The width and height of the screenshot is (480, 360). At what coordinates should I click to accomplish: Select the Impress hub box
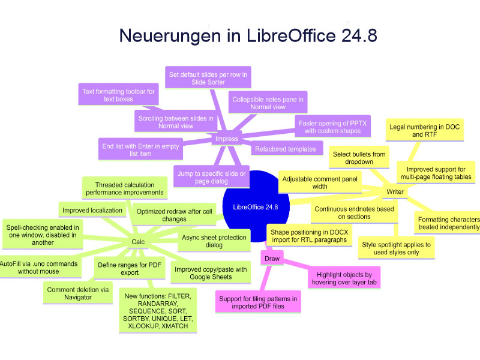pos(227,139)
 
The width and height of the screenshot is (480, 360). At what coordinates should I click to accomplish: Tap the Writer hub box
pos(394,192)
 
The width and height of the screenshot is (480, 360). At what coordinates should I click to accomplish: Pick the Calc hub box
pos(137,242)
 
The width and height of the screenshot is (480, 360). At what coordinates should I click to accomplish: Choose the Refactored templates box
pos(285,149)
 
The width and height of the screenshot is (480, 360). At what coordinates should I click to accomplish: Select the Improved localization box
pos(92,210)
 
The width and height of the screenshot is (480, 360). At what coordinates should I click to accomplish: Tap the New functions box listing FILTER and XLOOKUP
pos(157,311)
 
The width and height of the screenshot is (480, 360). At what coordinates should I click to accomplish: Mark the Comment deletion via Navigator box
pos(78,293)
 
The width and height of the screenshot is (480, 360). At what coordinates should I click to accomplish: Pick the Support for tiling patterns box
pos(257,302)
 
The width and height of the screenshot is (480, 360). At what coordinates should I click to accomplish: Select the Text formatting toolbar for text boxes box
pos(109,95)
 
